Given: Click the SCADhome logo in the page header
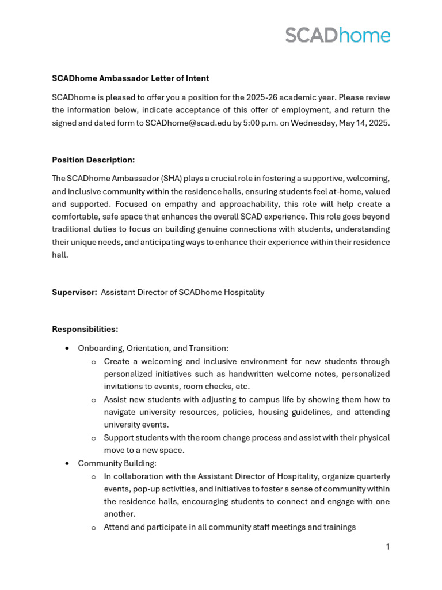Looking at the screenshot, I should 337,35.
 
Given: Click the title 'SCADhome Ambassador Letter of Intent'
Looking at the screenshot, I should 130,78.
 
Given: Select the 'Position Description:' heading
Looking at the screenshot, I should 93,160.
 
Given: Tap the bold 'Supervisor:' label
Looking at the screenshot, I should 74,292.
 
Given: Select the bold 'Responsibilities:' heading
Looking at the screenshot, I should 85,329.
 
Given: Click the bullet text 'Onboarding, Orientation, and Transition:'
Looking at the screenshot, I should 153,348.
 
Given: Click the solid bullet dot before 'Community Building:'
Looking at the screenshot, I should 67,463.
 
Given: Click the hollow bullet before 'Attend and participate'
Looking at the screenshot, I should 94,528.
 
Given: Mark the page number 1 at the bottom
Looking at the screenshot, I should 387,547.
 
